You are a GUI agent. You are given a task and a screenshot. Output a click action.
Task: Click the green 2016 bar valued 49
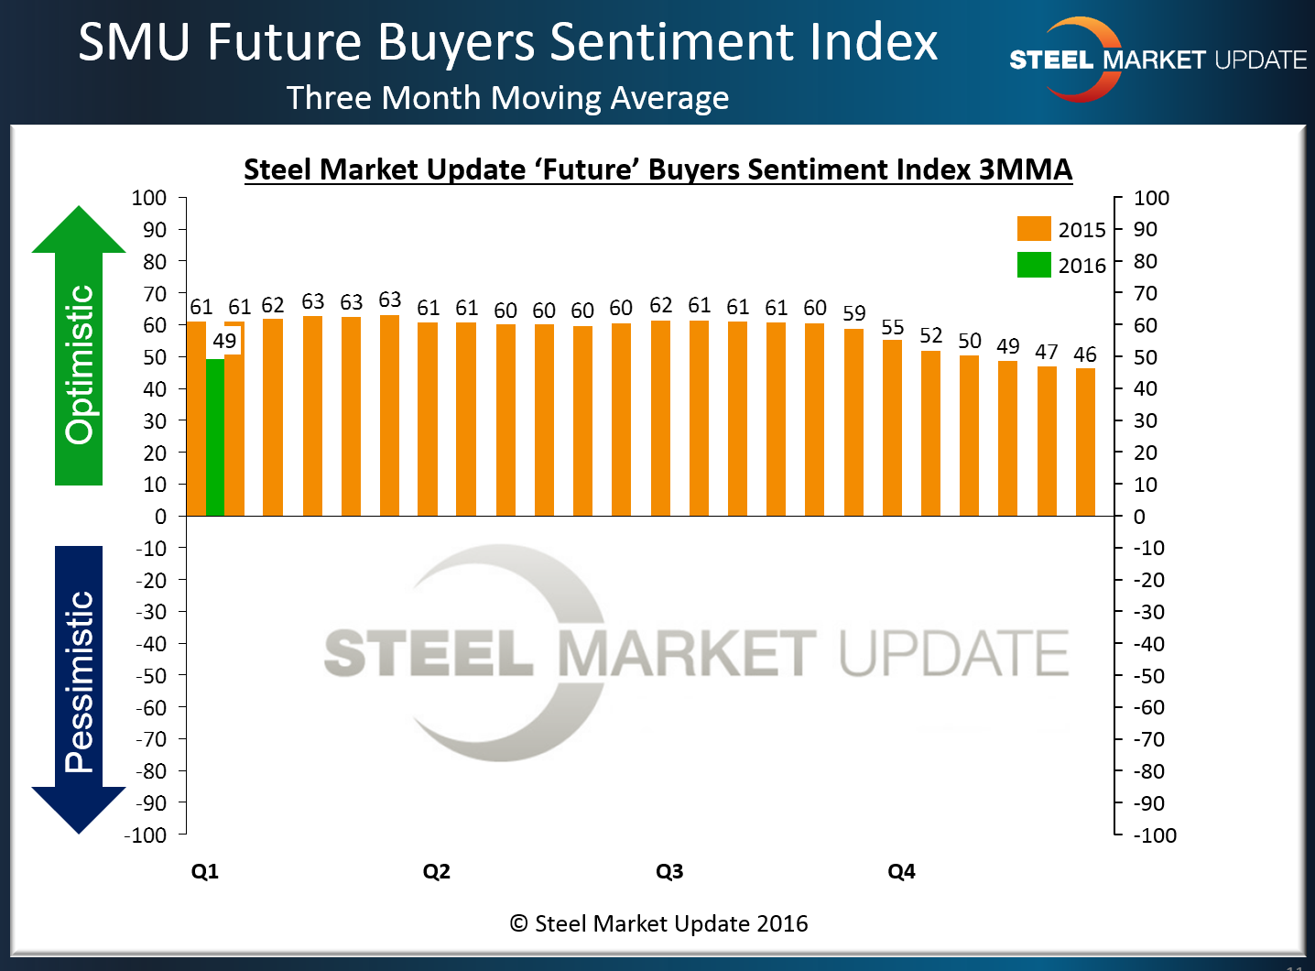tap(215, 438)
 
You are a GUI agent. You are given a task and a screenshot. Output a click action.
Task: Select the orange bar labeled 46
tap(1085, 442)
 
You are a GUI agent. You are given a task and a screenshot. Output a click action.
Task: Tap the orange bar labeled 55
tap(892, 428)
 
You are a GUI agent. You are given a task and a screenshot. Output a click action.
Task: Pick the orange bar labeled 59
tap(853, 422)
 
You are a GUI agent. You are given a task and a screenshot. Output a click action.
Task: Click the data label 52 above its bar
tap(931, 335)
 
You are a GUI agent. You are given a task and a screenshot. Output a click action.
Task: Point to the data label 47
tap(1047, 352)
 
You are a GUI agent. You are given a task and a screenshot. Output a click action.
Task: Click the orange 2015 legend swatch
tap(1034, 229)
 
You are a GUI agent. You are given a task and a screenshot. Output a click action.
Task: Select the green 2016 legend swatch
tap(1034, 265)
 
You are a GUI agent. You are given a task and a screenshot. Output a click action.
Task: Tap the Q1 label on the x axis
tap(204, 871)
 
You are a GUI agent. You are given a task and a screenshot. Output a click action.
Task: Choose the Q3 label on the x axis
tap(669, 871)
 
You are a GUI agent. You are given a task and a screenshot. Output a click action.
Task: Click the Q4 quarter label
tap(901, 871)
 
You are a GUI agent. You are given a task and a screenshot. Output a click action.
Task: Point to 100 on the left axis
tap(149, 198)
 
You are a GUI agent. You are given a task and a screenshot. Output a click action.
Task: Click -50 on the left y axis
tap(151, 675)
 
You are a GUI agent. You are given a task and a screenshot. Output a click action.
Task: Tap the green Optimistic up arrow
tap(79, 348)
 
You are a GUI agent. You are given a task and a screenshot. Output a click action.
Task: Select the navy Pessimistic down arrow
tap(79, 687)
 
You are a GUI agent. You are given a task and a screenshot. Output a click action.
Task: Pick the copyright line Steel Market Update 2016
tap(658, 923)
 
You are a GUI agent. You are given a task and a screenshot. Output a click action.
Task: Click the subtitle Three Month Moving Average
tap(507, 98)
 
